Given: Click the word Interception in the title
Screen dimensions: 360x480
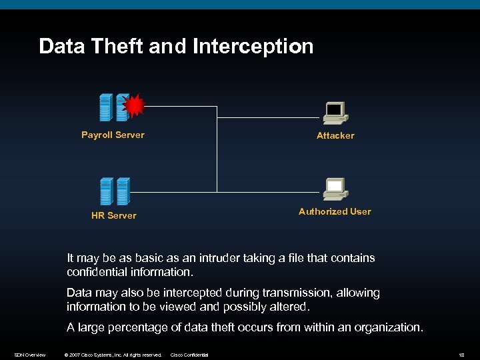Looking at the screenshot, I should (x=253, y=47).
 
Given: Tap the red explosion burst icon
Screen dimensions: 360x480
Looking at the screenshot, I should (x=134, y=105).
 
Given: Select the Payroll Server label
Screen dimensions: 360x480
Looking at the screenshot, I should (x=113, y=135).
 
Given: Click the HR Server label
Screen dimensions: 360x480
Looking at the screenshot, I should (x=113, y=215).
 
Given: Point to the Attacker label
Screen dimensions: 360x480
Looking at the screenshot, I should (x=335, y=135).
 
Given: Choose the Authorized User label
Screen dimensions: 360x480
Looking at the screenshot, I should (x=335, y=211).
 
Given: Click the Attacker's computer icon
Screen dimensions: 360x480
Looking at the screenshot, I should (x=335, y=113).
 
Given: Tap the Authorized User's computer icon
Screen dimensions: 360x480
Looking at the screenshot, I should (x=335, y=189).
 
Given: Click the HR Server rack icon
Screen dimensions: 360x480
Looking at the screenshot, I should (x=113, y=191).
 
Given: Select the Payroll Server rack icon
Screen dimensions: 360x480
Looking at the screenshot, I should (x=112, y=107).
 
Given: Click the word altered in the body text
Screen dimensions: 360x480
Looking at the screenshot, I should (x=287, y=307).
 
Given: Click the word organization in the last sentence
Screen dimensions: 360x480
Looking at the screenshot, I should (x=388, y=327).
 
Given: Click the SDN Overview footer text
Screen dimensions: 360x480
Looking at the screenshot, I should (x=30, y=355).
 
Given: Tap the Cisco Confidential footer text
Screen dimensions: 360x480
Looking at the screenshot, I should (x=190, y=355).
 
